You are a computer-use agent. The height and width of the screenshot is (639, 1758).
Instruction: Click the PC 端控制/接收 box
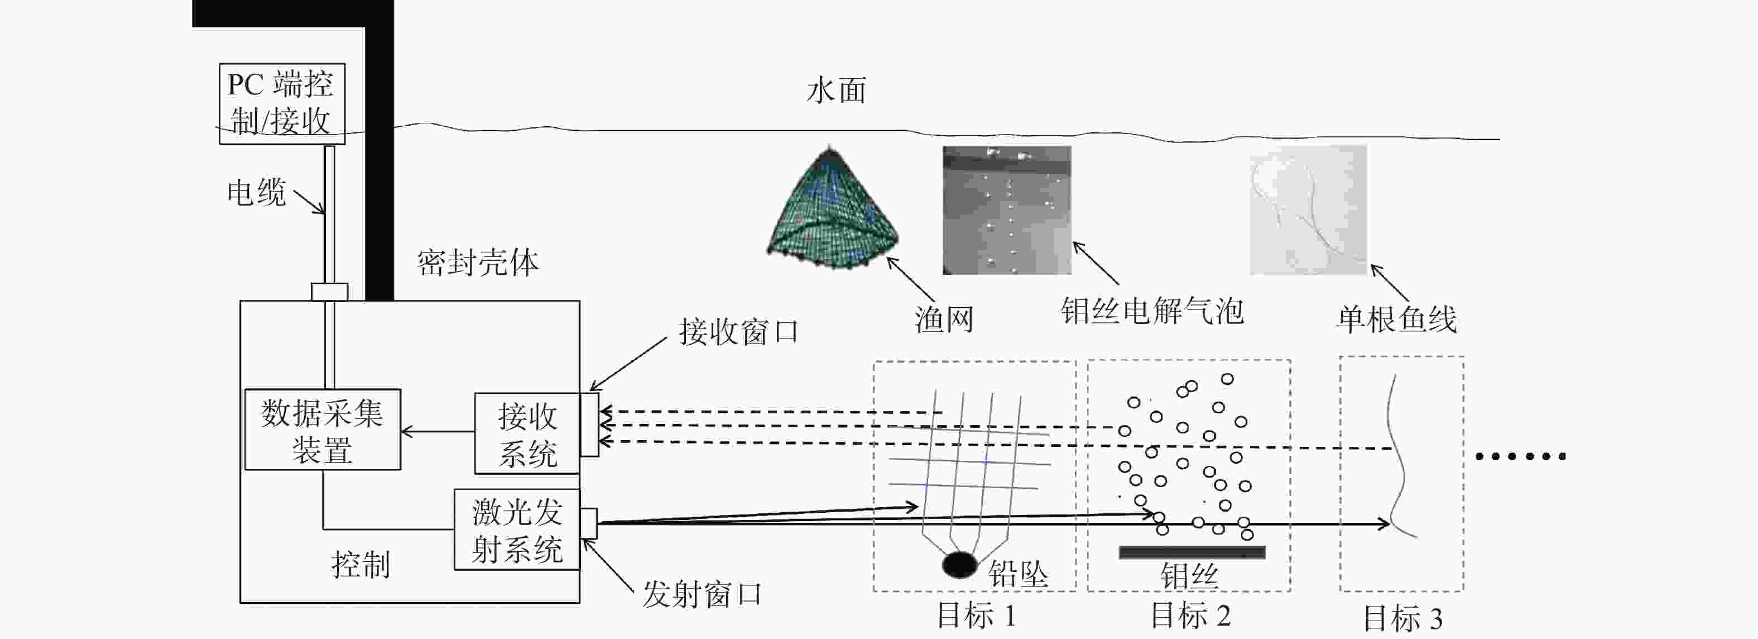click(x=282, y=104)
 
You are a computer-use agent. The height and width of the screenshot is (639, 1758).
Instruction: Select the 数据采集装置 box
click(x=323, y=430)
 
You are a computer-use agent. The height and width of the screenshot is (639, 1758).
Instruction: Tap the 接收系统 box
click(x=527, y=433)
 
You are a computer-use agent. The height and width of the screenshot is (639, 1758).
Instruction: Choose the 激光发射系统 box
click(x=517, y=530)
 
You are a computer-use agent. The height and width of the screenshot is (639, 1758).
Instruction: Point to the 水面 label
click(x=837, y=91)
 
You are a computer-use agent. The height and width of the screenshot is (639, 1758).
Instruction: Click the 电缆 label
click(x=257, y=193)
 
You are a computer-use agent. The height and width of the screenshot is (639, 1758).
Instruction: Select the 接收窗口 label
click(x=739, y=332)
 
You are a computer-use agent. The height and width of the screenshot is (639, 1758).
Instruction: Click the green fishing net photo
click(x=833, y=208)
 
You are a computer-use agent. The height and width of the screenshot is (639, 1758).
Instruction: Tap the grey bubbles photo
click(x=1007, y=210)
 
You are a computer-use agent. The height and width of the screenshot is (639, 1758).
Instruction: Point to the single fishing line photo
click(x=1308, y=209)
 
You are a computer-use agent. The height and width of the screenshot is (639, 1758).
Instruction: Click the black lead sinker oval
click(x=959, y=565)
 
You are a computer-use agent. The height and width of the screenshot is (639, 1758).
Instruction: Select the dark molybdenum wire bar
click(x=1192, y=552)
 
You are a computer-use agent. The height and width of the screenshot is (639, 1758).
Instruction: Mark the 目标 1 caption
click(x=977, y=616)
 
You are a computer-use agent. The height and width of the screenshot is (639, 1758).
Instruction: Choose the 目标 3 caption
click(x=1403, y=618)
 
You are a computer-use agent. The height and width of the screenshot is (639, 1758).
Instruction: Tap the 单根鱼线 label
click(x=1396, y=319)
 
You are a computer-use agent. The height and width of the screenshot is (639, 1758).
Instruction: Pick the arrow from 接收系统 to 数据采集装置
click(x=438, y=431)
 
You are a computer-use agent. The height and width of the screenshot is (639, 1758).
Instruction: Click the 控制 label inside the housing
click(x=361, y=565)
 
